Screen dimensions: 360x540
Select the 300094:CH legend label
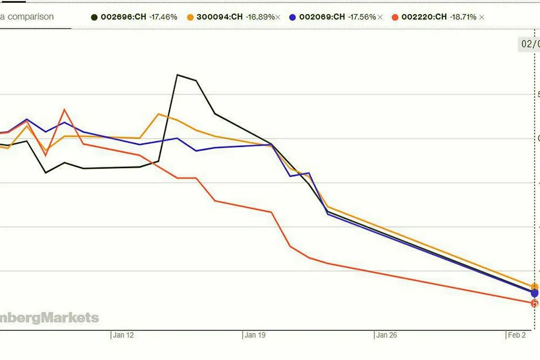pyautogui.click(x=220, y=17)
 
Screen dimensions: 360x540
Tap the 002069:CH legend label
pyautogui.click(x=322, y=17)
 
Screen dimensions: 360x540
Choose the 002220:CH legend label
pyautogui.click(x=424, y=17)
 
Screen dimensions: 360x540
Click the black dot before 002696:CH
pyautogui.click(x=94, y=17)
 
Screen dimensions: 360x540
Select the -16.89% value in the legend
pyautogui.click(x=260, y=17)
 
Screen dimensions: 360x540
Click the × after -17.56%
pyautogui.click(x=380, y=17)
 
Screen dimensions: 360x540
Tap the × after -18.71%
pyautogui.click(x=482, y=17)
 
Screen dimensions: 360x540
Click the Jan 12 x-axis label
pyautogui.click(x=123, y=335)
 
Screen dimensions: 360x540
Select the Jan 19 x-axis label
pyautogui.click(x=255, y=335)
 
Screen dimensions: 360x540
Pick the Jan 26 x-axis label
pyautogui.click(x=387, y=335)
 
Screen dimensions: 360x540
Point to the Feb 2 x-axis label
pyautogui.click(x=517, y=335)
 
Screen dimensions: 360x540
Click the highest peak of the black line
pyautogui.click(x=178, y=74)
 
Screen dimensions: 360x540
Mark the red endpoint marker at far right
pyautogui.click(x=535, y=303)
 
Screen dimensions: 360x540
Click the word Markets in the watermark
pyautogui.click(x=71, y=317)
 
